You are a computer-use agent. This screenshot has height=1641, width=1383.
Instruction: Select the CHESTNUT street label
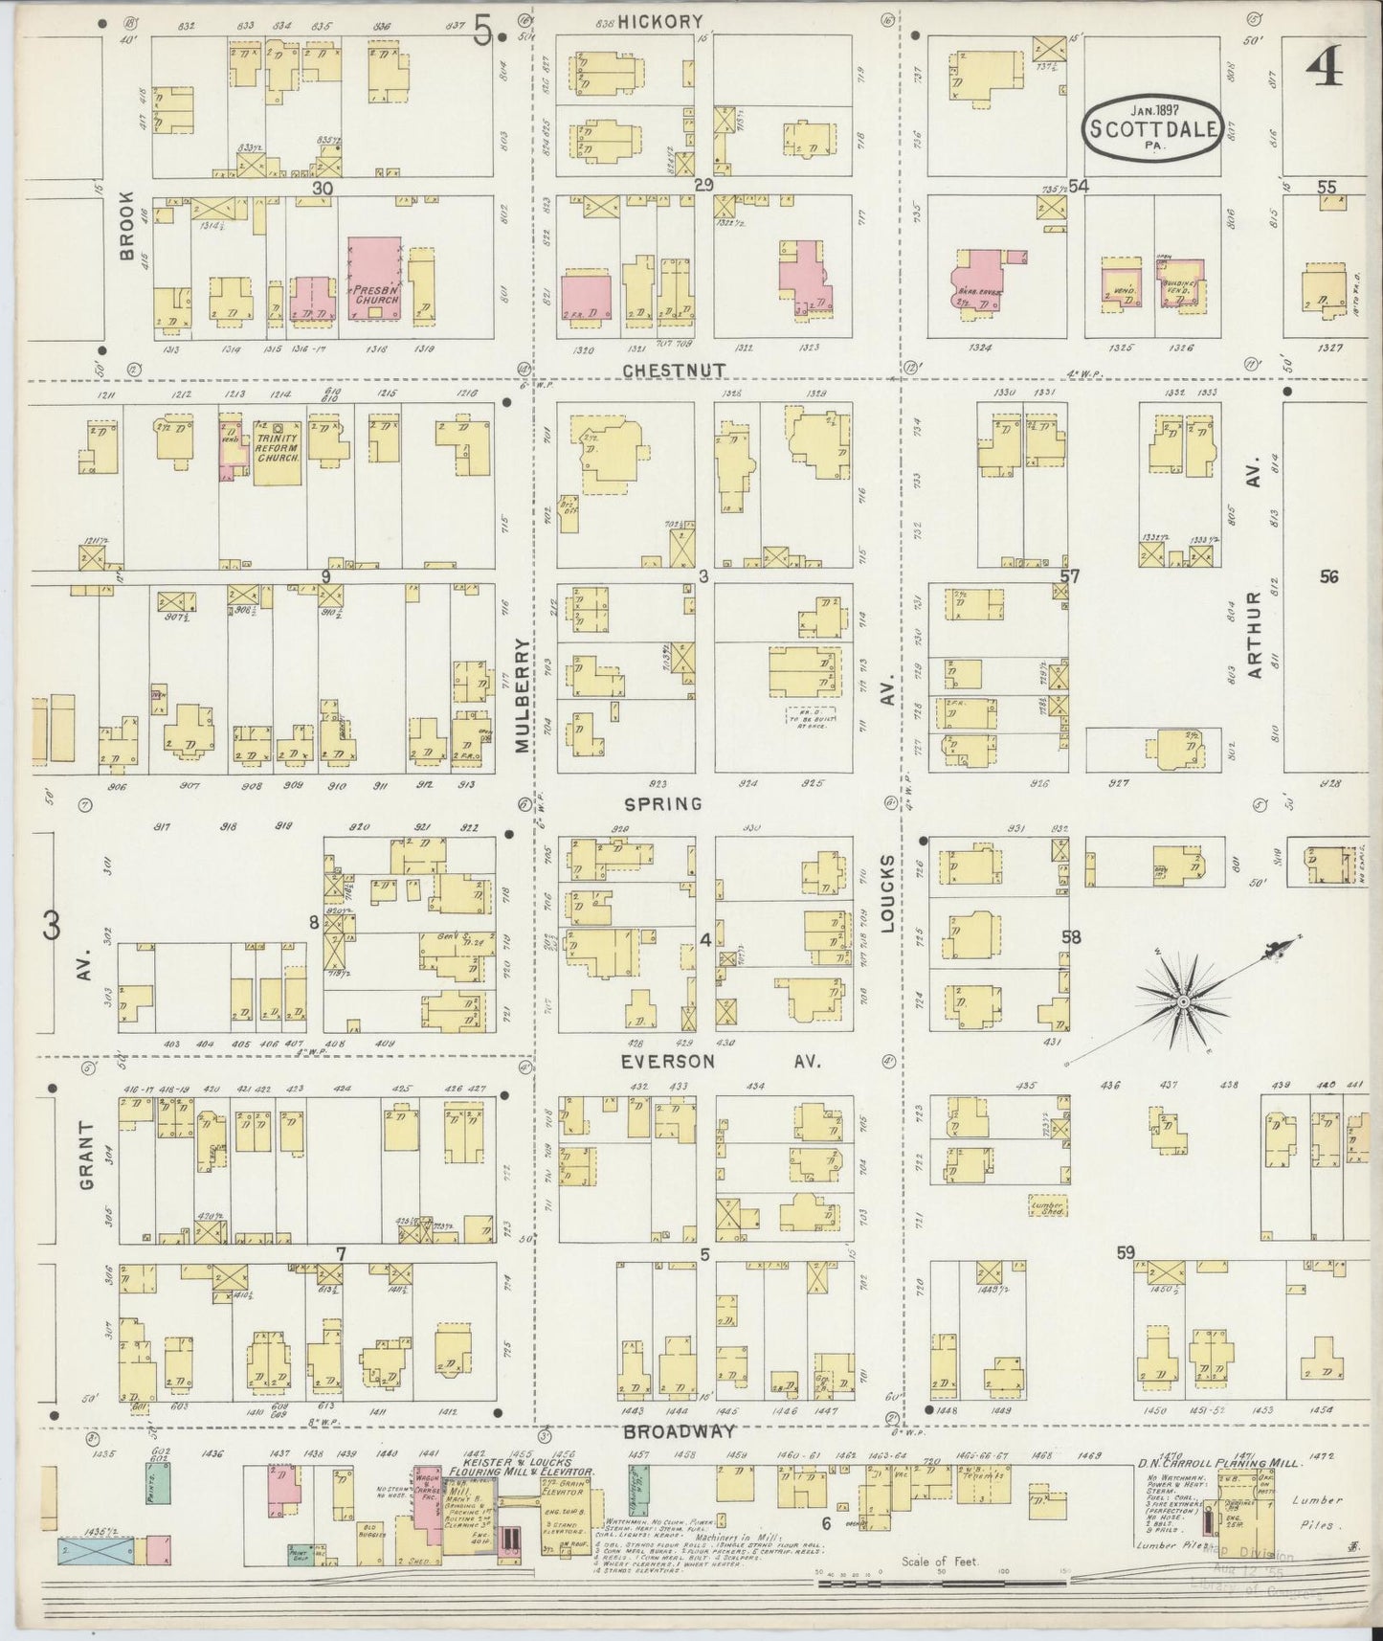click(674, 370)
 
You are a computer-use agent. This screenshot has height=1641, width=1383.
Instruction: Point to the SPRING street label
click(663, 804)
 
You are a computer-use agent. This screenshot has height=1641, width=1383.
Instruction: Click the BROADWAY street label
click(679, 1431)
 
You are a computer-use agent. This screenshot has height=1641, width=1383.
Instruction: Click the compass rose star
click(1183, 1001)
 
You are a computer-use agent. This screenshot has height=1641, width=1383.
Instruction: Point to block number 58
click(1070, 937)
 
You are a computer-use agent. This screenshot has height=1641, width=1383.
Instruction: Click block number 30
click(322, 189)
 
